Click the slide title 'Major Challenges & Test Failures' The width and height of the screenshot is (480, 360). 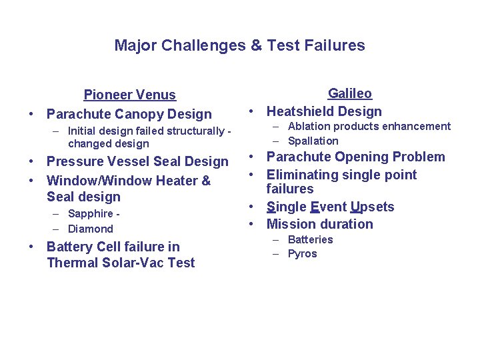tap(239, 45)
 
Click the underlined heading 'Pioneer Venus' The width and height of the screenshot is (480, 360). tap(129, 95)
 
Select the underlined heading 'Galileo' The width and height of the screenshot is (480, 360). tap(350, 93)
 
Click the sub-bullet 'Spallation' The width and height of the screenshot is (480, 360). tap(313, 141)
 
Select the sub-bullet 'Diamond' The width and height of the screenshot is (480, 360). tap(91, 229)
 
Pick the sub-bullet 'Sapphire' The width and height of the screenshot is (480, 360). tap(90, 214)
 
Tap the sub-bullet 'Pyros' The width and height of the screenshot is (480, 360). tap(302, 254)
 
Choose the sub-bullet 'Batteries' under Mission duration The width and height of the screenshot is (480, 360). tap(310, 239)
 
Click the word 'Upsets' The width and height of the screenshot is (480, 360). tap(373, 207)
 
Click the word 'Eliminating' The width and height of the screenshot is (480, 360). tap(303, 175)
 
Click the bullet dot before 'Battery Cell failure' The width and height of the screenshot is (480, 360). tap(32, 247)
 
